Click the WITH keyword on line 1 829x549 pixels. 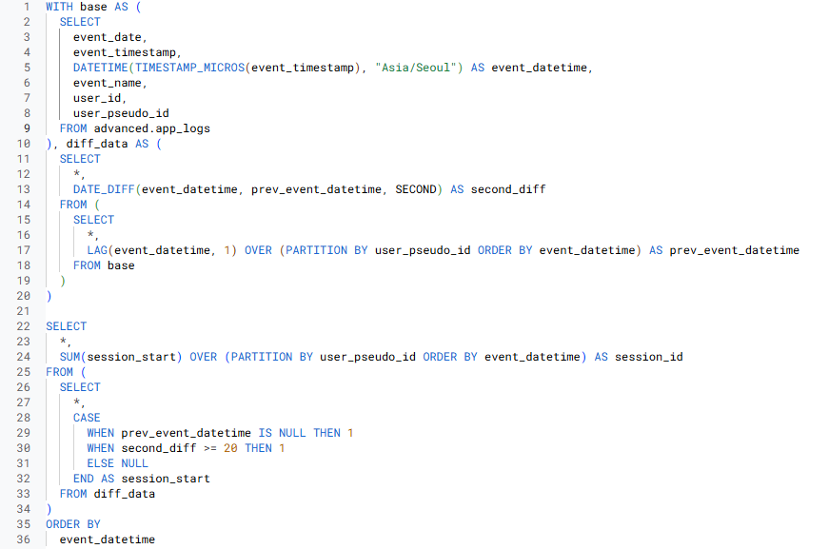click(59, 7)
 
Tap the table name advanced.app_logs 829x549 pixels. click(152, 128)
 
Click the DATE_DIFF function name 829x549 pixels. click(104, 189)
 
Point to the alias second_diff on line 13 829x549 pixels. click(508, 189)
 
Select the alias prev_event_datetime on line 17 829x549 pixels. click(734, 250)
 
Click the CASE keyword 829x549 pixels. click(87, 418)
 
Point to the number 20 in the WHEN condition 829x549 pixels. click(230, 448)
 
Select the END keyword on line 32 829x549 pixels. click(83, 479)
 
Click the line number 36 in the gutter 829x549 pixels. click(24, 539)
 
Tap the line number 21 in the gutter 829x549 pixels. click(24, 311)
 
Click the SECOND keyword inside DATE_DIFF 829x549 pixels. click(415, 189)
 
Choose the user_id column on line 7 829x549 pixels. click(97, 98)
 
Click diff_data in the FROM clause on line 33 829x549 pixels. click(125, 494)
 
